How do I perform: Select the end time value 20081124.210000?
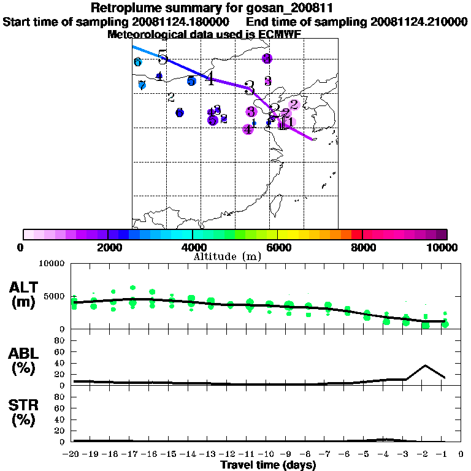[x=419, y=21]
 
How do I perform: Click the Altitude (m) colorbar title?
[x=228, y=256]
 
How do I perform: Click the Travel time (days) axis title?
[x=268, y=465]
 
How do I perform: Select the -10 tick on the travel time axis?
[x=268, y=454]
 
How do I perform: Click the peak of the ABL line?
[x=425, y=365]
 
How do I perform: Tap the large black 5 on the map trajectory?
[x=163, y=58]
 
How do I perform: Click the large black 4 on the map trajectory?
[x=210, y=78]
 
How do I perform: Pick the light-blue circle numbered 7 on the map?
[x=142, y=85]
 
